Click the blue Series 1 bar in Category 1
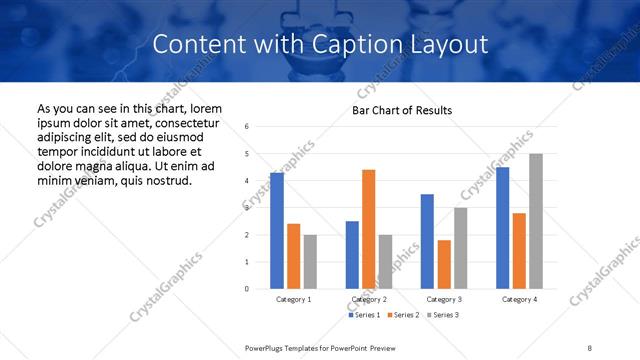[277, 231]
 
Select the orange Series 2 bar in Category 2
[368, 229]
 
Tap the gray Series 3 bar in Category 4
[536, 221]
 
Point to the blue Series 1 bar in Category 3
[427, 241]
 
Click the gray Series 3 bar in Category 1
[310, 261]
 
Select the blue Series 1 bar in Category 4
[502, 228]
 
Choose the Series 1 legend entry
[364, 315]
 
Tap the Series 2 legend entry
[402, 315]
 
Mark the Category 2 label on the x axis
[368, 299]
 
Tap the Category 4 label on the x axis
[519, 299]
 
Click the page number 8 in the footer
[590, 347]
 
